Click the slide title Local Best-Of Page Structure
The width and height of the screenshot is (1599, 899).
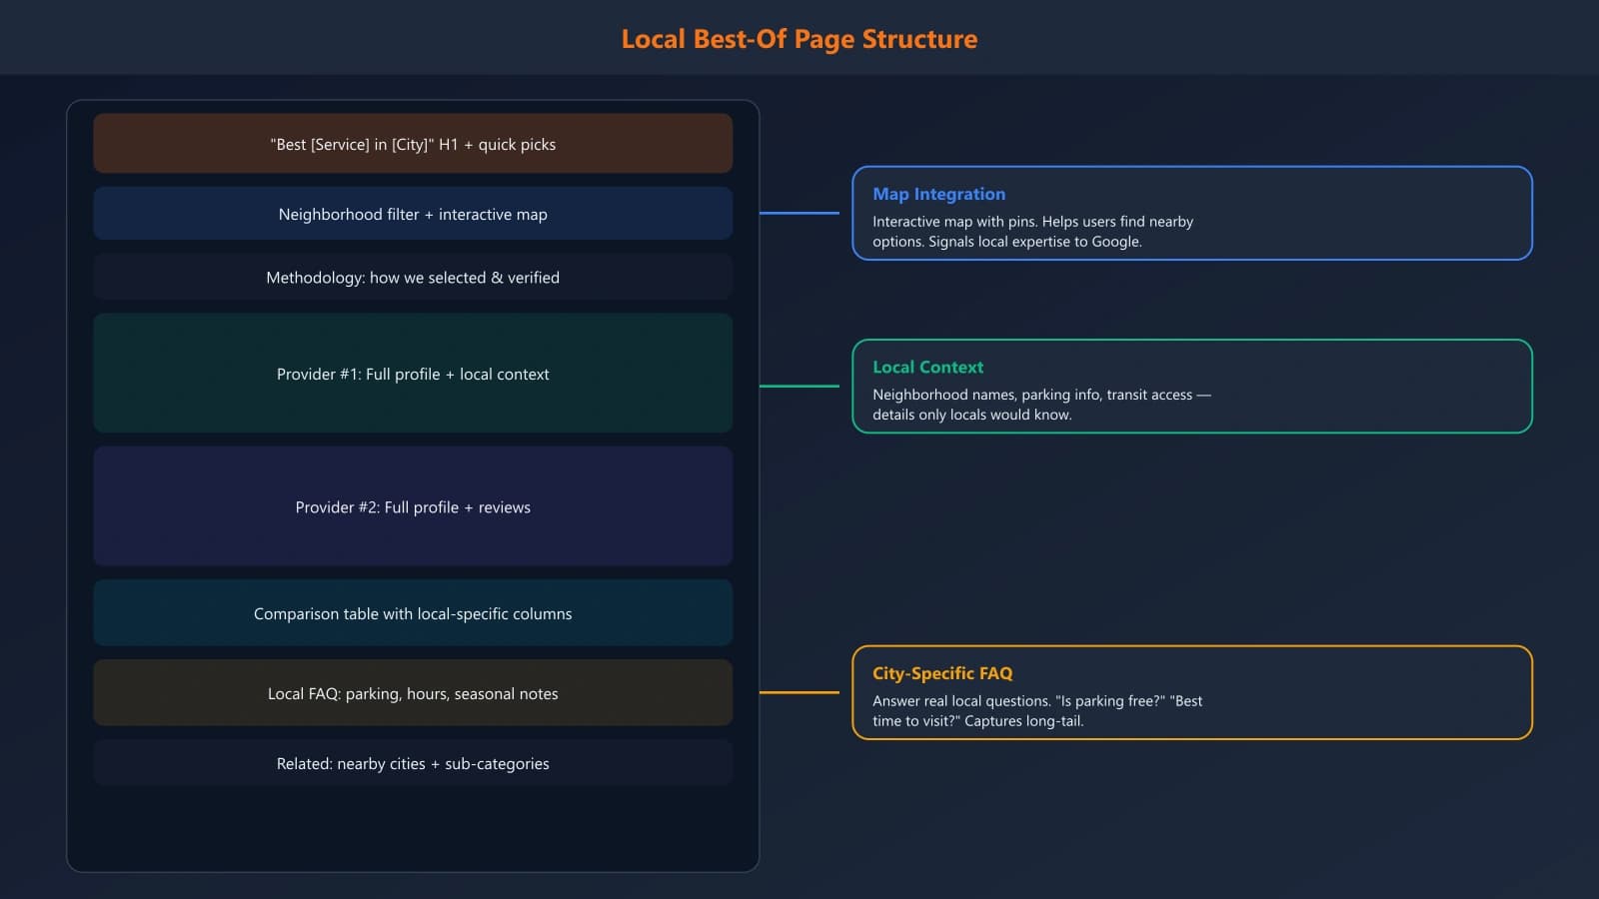click(799, 39)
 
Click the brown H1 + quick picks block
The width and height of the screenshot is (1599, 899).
click(413, 144)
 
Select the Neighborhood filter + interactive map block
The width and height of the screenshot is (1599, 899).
click(413, 214)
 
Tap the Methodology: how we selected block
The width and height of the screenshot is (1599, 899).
click(413, 278)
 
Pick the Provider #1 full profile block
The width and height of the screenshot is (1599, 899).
click(413, 374)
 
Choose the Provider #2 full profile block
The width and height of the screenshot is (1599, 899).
click(413, 507)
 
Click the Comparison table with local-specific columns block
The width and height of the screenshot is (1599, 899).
click(413, 613)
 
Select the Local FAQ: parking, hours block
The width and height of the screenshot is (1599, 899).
click(413, 693)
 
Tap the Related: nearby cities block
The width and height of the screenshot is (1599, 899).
click(413, 763)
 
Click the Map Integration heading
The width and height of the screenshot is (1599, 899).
click(938, 194)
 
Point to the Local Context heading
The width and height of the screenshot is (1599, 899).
click(927, 367)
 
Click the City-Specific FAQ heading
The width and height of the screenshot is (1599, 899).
click(941, 673)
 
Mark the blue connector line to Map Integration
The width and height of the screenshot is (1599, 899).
click(799, 213)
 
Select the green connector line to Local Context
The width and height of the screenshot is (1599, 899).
click(799, 386)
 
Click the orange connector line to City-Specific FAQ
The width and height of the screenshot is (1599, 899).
click(799, 692)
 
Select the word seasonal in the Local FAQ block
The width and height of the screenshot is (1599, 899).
click(480, 694)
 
